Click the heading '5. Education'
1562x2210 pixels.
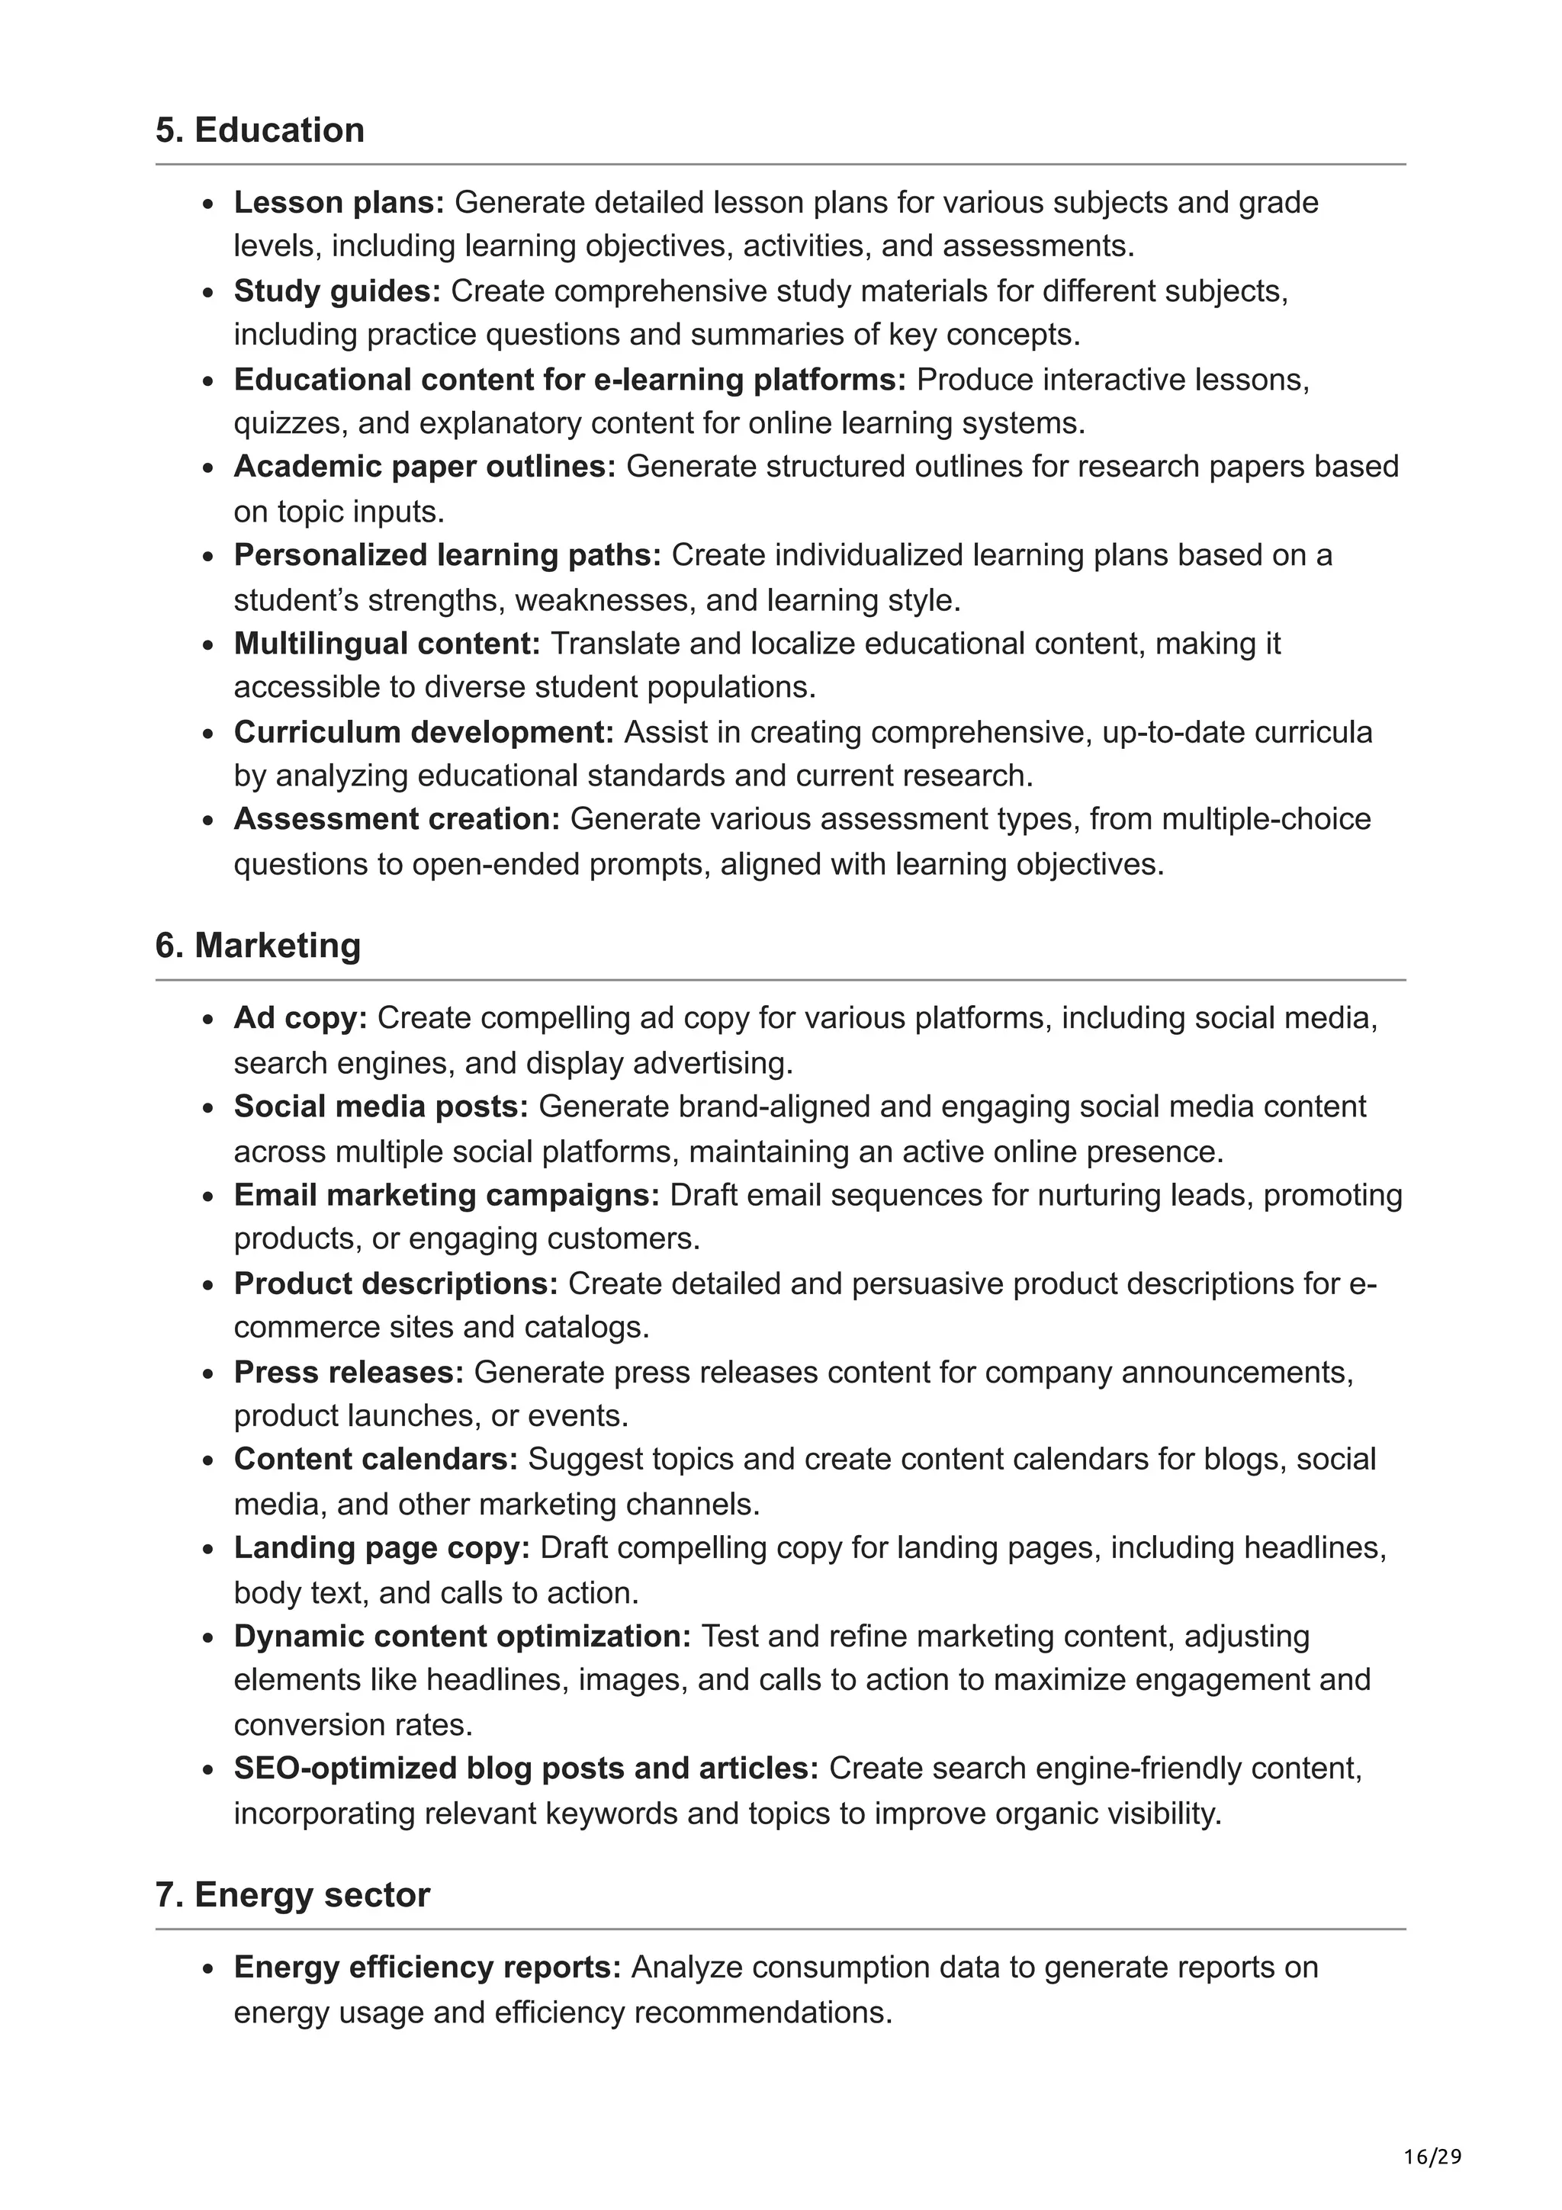click(260, 130)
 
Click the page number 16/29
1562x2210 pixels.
click(1432, 2157)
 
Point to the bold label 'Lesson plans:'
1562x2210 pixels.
click(339, 202)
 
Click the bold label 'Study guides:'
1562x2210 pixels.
click(337, 291)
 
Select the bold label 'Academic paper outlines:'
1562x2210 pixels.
click(424, 467)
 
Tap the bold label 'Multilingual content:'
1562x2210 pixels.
click(387, 643)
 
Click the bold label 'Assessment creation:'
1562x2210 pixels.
click(397, 819)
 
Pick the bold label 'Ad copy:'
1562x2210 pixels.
click(301, 1017)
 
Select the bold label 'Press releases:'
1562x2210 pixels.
click(349, 1372)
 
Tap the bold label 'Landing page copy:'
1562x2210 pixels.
click(381, 1548)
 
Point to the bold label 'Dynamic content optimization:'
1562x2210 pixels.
click(462, 1637)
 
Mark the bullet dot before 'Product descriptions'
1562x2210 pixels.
click(208, 1286)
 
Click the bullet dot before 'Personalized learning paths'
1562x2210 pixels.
click(208, 557)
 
